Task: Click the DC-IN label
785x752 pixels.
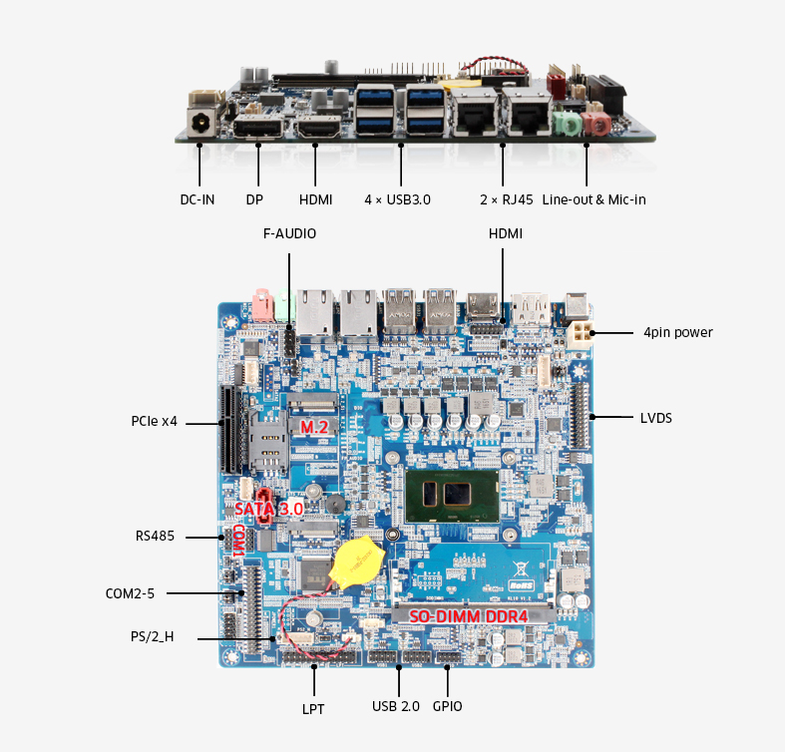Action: click(196, 199)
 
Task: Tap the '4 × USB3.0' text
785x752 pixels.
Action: click(397, 199)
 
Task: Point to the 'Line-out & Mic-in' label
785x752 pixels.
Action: click(593, 199)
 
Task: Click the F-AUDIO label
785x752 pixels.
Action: click(289, 234)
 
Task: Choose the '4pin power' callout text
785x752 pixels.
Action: click(678, 332)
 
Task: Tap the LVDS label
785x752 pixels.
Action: click(655, 418)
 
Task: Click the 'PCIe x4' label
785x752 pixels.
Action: click(154, 421)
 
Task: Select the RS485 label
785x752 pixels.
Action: click(155, 536)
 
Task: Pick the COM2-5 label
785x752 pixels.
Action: click(130, 593)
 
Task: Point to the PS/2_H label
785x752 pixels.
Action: click(152, 636)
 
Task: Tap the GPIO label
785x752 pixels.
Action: click(447, 706)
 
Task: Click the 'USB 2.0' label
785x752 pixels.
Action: click(397, 706)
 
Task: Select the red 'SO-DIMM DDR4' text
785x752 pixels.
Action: click(468, 616)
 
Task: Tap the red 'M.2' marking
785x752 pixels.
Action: click(314, 427)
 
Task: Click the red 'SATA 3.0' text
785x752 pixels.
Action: click(268, 508)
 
